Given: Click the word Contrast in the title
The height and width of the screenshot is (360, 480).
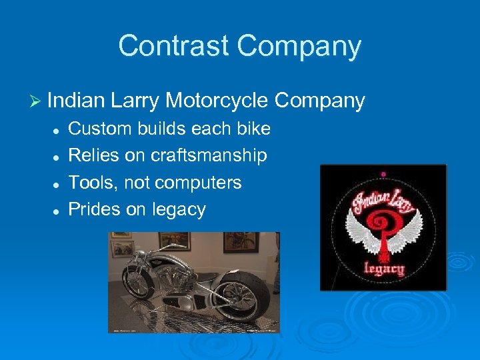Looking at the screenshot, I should pos(174,47).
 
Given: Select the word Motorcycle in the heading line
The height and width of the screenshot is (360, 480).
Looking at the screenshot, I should pos(216,101).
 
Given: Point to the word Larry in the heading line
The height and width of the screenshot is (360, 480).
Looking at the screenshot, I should pos(135,101).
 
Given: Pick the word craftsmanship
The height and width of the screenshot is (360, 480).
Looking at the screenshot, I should pos(209,155).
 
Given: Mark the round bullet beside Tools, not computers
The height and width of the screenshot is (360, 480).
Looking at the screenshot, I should pos(58,183).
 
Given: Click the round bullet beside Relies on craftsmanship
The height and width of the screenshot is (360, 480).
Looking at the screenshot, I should pos(58,156).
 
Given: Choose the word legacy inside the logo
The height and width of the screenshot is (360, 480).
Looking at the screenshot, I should pos(383,269).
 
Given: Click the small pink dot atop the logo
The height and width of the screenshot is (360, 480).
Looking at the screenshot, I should pos(383,174).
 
